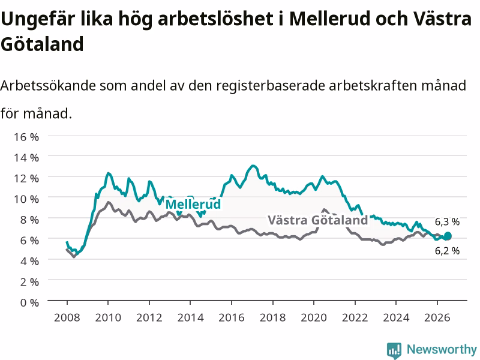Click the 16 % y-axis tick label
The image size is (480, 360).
(26, 137)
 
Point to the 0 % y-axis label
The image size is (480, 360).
(29, 302)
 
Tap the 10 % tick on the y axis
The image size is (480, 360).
(26, 199)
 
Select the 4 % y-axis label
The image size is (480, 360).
(29, 261)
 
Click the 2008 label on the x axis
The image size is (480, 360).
(67, 317)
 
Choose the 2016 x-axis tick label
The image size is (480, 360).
(232, 317)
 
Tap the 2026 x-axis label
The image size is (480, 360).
(437, 317)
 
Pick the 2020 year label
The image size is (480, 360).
(314, 317)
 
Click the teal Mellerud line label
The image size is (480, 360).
(193, 204)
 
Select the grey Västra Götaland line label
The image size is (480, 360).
(318, 220)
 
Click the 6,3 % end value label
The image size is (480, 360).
(447, 222)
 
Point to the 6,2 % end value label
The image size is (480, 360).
(447, 251)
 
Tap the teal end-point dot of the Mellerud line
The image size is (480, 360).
(448, 236)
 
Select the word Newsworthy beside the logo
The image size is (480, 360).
(442, 349)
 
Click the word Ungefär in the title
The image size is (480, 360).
(38, 19)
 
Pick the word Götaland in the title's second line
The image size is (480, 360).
(42, 44)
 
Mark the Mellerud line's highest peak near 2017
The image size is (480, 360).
(253, 166)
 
